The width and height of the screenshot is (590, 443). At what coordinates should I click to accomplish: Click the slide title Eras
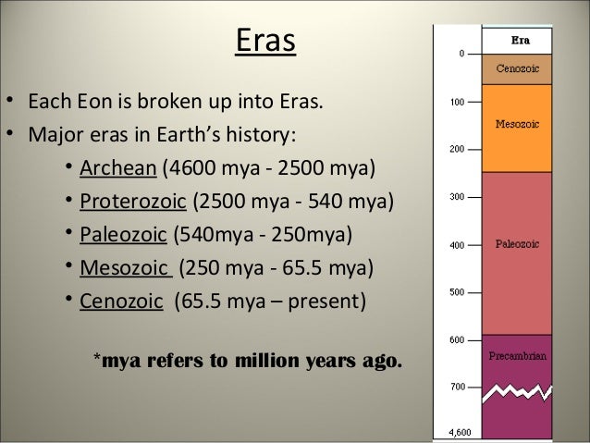click(265, 42)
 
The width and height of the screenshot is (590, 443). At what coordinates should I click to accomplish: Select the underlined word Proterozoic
click(132, 202)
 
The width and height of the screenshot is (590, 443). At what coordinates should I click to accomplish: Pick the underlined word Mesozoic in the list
click(125, 268)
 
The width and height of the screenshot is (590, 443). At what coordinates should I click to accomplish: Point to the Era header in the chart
click(515, 41)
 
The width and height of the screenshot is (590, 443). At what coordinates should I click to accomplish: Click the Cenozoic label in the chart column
click(515, 68)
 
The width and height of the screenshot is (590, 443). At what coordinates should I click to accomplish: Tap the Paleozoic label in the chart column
click(515, 246)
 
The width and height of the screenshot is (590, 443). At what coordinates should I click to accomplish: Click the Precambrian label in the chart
click(515, 352)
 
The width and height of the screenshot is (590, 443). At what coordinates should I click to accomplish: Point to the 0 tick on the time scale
click(461, 54)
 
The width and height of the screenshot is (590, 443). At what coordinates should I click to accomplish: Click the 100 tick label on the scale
click(457, 102)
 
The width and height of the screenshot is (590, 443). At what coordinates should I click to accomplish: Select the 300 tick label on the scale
click(457, 197)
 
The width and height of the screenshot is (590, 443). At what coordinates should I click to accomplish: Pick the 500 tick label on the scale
click(457, 292)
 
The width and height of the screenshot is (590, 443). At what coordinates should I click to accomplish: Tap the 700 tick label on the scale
click(457, 388)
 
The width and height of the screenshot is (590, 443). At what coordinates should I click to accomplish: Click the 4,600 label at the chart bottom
click(457, 432)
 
